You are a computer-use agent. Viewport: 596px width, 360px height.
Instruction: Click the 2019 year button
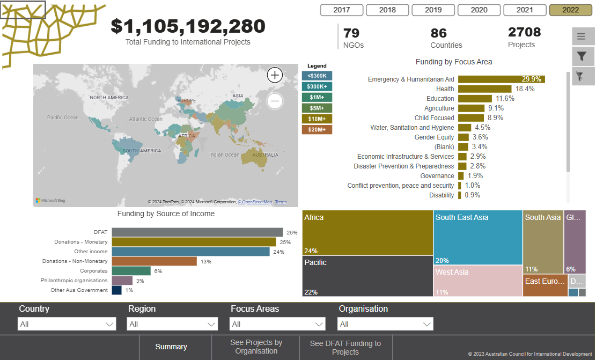pos(433,10)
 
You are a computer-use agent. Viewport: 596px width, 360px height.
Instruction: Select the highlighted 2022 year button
pos(571,10)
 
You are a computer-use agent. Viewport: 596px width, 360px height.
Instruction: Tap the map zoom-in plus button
pos(275,75)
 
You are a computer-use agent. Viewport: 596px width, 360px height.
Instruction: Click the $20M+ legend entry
pos(317,129)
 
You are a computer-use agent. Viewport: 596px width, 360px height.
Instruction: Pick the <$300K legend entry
pos(317,76)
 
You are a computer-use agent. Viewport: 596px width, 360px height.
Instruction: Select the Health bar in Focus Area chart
pos(485,89)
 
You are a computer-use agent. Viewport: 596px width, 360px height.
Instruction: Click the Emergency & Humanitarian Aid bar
pos(502,79)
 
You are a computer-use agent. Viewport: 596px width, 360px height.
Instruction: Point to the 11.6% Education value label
pos(505,99)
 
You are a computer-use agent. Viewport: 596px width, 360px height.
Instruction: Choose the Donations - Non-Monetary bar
pos(154,261)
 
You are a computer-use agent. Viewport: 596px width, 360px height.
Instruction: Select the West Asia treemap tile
pos(478,281)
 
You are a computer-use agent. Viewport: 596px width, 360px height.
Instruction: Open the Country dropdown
pos(67,324)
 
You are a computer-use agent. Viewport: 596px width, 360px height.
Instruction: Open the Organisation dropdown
pos(385,324)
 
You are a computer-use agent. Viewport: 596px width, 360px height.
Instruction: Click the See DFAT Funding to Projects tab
pos(345,347)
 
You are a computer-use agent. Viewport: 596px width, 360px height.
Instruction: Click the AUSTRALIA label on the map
pos(265,155)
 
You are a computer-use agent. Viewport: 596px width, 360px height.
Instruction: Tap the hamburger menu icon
pos(582,36)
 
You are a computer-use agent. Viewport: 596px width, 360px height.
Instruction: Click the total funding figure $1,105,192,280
pos(188,26)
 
